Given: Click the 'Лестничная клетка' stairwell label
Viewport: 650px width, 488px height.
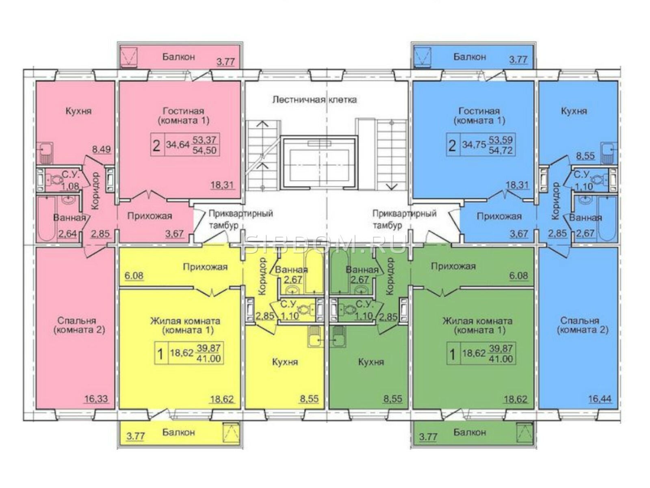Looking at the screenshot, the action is [314, 100].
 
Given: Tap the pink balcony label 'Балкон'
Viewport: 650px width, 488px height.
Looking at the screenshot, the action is [178, 57].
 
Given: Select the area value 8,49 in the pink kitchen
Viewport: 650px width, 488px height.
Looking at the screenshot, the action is [102, 149].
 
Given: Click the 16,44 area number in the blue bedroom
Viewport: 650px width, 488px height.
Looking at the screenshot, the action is [600, 399].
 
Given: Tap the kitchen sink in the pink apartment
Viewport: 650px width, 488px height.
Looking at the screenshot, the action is [45, 152].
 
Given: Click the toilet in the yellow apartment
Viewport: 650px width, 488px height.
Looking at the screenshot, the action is [305, 310].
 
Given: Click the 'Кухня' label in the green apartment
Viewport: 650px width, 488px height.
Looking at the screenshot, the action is [371, 362].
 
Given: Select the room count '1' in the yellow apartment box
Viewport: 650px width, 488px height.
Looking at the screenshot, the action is [160, 354].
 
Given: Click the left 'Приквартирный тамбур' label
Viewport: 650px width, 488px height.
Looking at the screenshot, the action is [241, 220].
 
